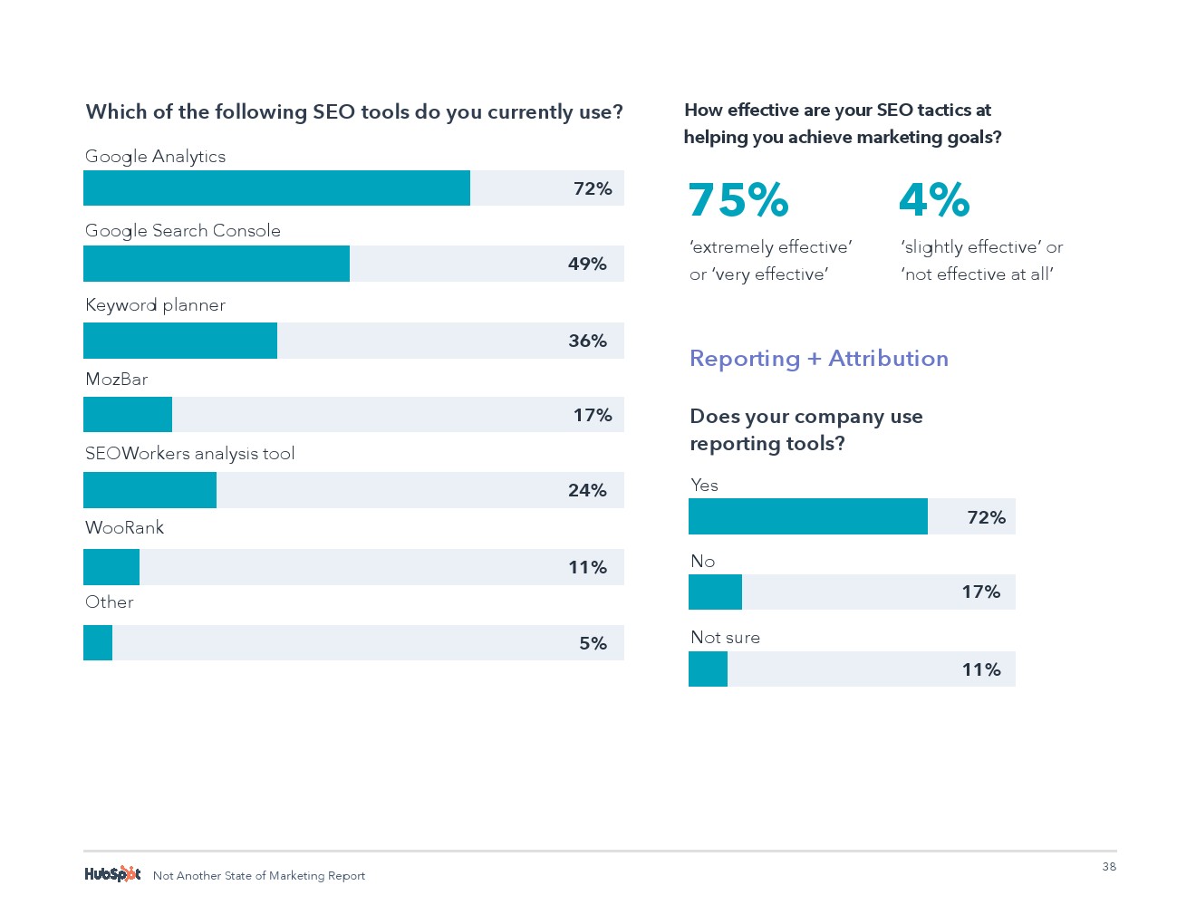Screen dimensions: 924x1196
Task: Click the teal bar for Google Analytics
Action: click(x=276, y=188)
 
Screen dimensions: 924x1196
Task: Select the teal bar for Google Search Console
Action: click(x=217, y=264)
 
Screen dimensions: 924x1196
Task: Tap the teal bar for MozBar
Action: click(x=128, y=415)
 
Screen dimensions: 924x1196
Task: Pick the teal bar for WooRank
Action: click(x=111, y=567)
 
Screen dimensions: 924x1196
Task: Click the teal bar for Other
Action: click(x=98, y=643)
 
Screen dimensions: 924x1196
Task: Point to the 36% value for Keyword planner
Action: click(x=587, y=341)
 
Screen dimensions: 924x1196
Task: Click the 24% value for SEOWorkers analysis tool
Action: click(x=587, y=490)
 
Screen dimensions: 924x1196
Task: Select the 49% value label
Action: click(x=587, y=264)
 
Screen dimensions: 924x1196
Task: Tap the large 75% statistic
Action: click(x=738, y=200)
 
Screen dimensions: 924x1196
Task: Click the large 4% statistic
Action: click(x=934, y=200)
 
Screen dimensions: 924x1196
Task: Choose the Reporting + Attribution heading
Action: click(x=819, y=359)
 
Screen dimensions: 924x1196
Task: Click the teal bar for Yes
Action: click(x=808, y=516)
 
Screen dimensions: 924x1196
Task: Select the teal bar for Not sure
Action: click(x=708, y=669)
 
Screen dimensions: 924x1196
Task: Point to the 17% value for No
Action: click(x=981, y=592)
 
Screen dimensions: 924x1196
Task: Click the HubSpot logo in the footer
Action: click(x=112, y=874)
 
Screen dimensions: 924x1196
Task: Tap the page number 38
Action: click(x=1109, y=867)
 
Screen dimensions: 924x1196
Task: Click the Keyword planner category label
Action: click(x=155, y=305)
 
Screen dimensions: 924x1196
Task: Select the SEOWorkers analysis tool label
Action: click(x=189, y=454)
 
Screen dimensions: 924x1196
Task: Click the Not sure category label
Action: click(x=725, y=638)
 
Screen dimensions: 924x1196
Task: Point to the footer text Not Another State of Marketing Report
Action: click(x=259, y=876)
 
